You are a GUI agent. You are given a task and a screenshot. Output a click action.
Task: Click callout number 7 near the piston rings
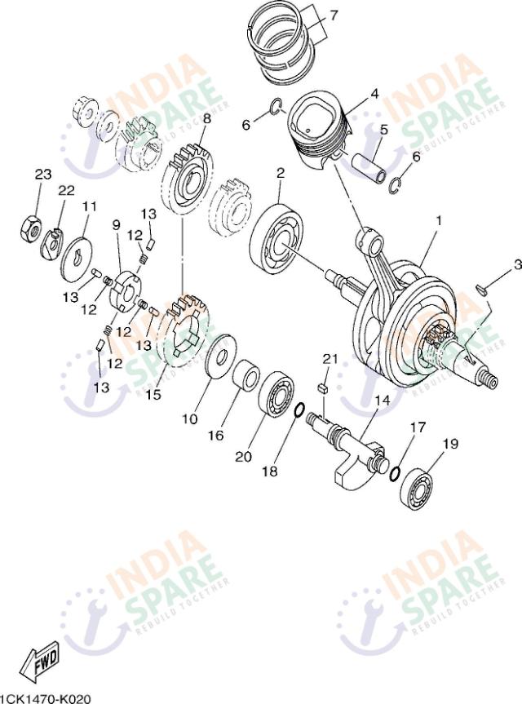332,15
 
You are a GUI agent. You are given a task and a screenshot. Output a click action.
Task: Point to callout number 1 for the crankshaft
438,220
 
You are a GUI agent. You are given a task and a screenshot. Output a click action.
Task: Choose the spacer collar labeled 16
244,377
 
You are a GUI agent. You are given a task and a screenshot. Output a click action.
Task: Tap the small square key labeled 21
323,387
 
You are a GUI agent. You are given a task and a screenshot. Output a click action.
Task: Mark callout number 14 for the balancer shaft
382,401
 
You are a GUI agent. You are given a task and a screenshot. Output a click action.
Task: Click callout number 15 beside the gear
153,394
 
